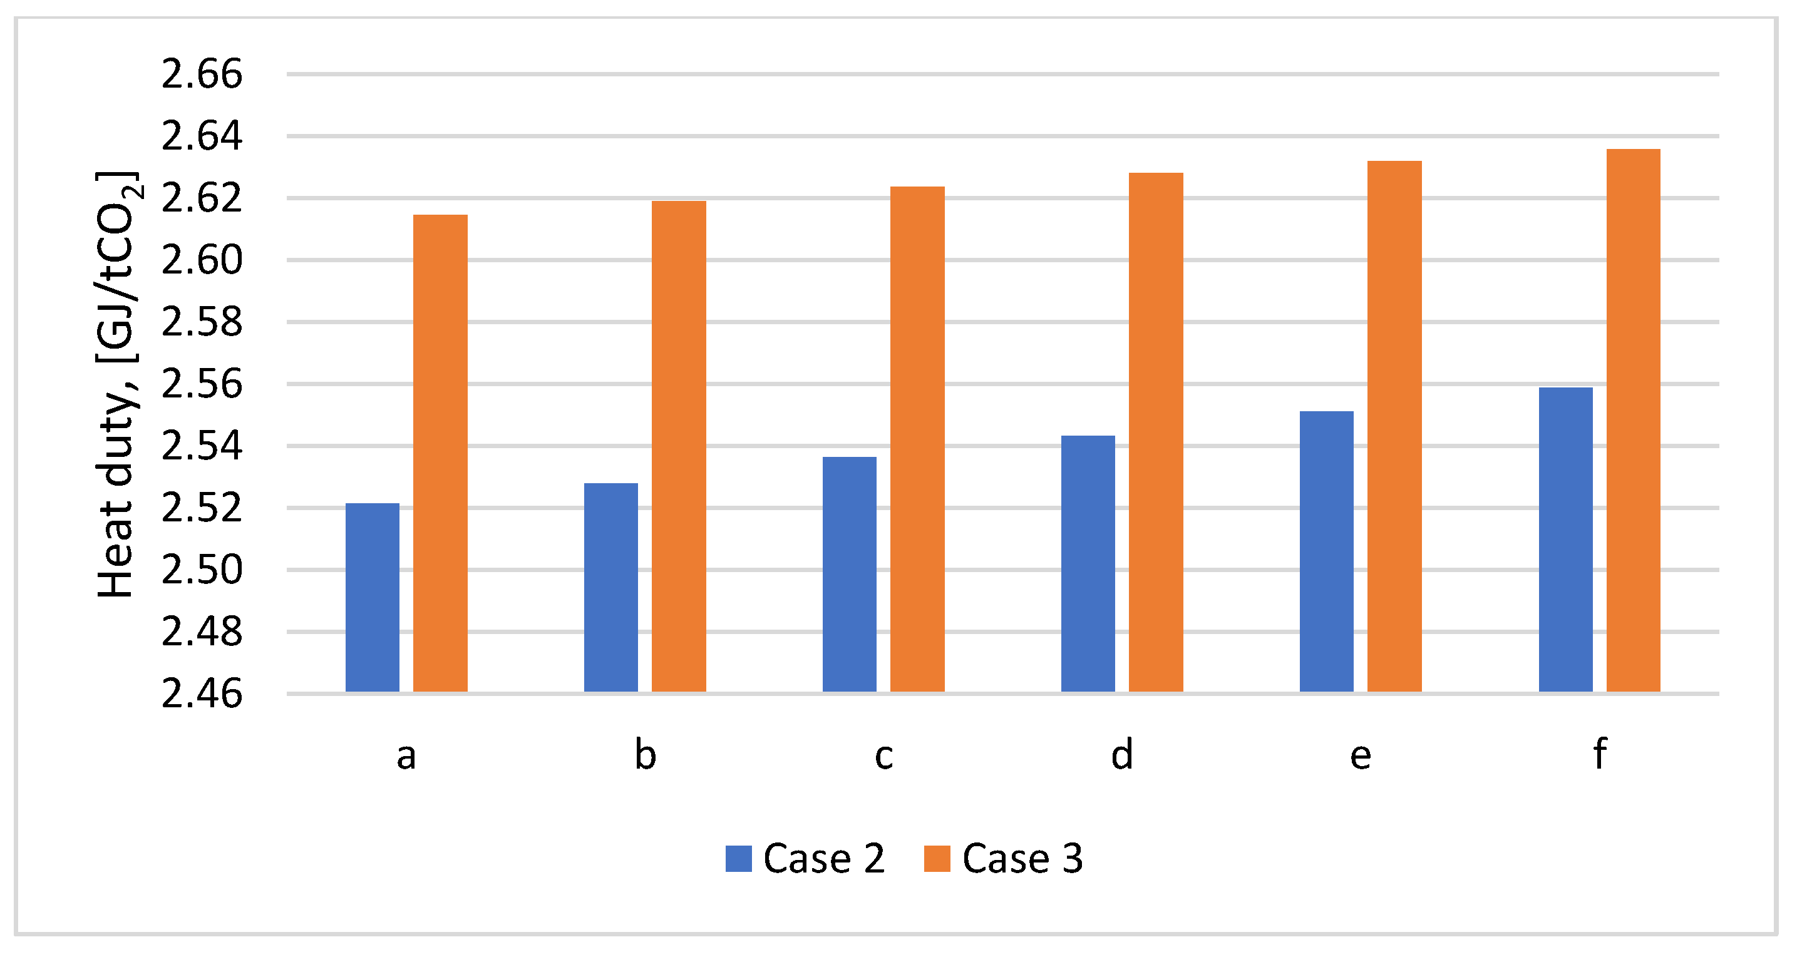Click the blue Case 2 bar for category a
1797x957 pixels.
pos(373,598)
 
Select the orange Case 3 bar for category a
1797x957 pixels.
pos(440,453)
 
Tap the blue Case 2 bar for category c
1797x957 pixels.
pos(849,574)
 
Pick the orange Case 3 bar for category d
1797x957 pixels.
pos(1156,432)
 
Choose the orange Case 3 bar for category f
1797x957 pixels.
pos(1633,421)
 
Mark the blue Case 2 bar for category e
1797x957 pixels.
pos(1326,552)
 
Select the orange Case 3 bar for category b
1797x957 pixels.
pos(679,446)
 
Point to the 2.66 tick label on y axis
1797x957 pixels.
pos(202,74)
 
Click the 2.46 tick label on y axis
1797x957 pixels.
pos(202,695)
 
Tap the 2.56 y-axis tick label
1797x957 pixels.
pos(202,384)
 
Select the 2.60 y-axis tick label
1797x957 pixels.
pos(202,260)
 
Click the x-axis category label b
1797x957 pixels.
pos(646,755)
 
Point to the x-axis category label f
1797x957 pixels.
pos(1600,754)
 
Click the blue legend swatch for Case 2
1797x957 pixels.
pos(738,859)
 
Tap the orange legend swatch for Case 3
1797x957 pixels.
pos(937,859)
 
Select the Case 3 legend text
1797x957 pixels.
pos(1022,859)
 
